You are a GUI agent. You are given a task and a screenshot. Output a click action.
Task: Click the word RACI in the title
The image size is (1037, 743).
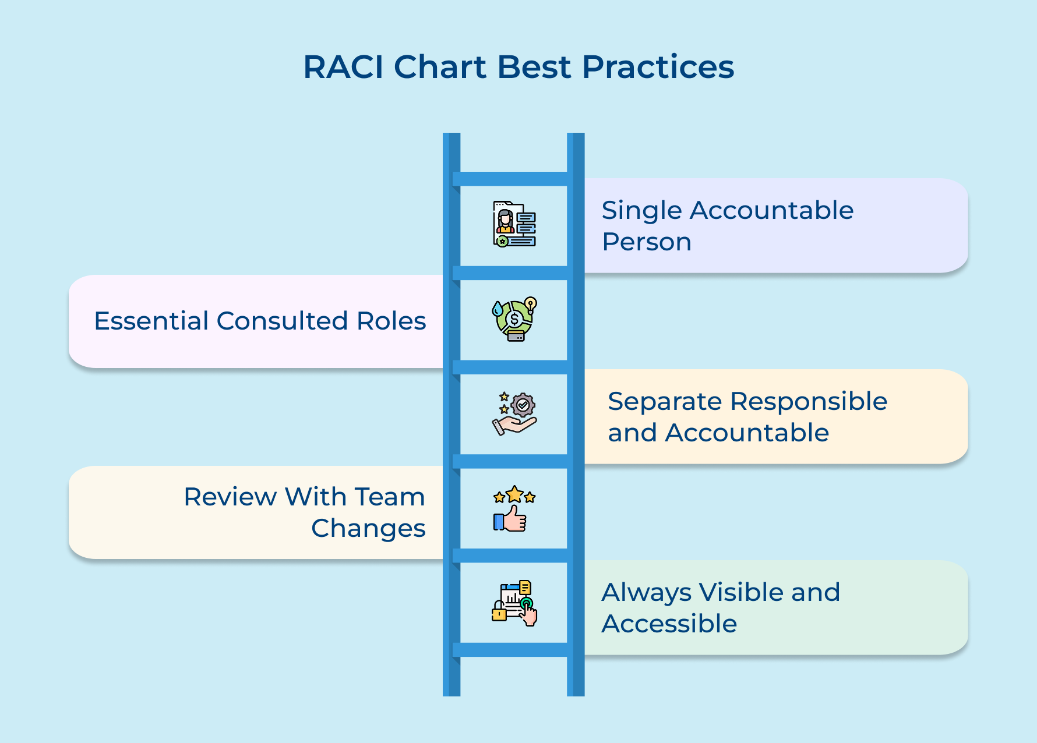tap(344, 67)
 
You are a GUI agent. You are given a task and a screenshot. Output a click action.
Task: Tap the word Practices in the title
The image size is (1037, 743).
tap(658, 67)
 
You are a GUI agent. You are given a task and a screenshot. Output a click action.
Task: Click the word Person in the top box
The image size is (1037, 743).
tap(647, 242)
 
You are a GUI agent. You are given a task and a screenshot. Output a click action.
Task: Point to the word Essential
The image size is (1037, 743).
tap(151, 321)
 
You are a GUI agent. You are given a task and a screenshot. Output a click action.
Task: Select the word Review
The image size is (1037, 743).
tap(230, 497)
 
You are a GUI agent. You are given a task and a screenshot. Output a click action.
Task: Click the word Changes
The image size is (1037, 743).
tap(368, 529)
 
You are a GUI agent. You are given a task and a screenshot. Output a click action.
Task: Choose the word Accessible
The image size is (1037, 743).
tap(669, 624)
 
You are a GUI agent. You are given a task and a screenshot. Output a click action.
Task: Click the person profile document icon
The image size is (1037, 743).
tap(514, 224)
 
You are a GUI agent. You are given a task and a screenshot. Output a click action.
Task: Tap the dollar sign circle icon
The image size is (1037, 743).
tap(514, 319)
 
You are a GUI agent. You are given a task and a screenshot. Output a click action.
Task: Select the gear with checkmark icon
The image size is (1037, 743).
tap(523, 405)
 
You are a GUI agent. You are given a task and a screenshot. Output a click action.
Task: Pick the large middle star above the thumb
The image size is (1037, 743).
tap(514, 495)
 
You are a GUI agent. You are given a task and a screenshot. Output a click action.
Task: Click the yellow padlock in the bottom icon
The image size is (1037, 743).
tap(499, 613)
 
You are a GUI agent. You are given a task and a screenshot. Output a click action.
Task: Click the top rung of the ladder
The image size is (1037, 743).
tap(513, 179)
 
